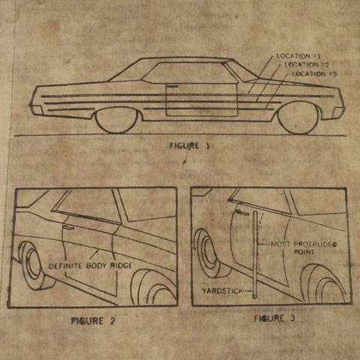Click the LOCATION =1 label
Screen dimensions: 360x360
tap(298, 56)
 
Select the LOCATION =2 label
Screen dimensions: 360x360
tap(307, 65)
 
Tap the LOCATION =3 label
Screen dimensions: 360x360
tap(314, 74)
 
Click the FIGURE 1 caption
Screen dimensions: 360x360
tap(190, 146)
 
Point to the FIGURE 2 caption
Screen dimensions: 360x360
tap(93, 321)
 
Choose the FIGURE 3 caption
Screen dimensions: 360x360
tap(274, 319)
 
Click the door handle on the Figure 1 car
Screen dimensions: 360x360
tap(172, 86)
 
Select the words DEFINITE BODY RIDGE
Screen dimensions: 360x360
tap(90, 265)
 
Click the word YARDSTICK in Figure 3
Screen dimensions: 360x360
tap(222, 291)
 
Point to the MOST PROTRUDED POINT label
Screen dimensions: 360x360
tap(304, 247)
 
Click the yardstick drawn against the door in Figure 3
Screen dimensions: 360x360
tap(255, 254)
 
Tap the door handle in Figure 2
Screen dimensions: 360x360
tap(68, 227)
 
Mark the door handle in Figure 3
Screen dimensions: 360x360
tap(241, 212)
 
